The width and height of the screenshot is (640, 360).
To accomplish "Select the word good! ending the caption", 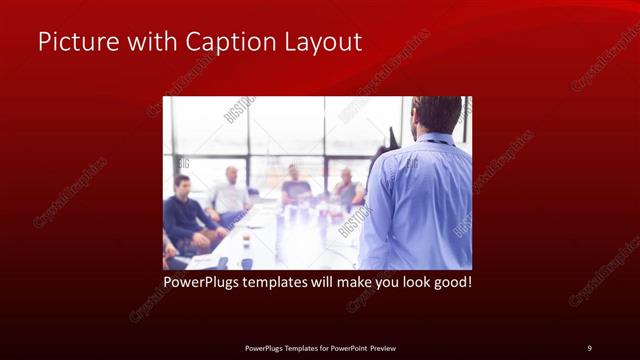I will (449, 282).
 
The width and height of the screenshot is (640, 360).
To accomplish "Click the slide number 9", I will (589, 347).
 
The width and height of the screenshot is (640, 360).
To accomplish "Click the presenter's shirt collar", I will (424, 139).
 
